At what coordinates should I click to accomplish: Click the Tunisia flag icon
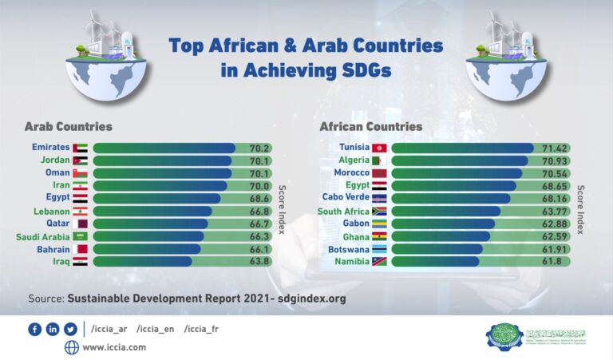coord(379,148)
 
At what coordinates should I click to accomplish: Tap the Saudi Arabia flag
coord(80,237)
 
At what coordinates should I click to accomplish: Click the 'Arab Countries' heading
coord(68,126)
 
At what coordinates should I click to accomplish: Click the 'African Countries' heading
coord(371,126)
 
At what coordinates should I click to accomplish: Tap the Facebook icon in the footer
coord(34,329)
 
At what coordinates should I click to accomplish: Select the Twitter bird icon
coord(70,329)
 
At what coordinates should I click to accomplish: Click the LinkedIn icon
coord(53,329)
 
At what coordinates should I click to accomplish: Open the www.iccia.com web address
coord(114,347)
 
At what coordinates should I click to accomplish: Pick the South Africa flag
coord(379,212)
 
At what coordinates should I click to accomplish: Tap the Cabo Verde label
coord(345,197)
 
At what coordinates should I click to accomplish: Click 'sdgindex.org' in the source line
coord(313,299)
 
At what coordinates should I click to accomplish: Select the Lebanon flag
coord(80,212)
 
